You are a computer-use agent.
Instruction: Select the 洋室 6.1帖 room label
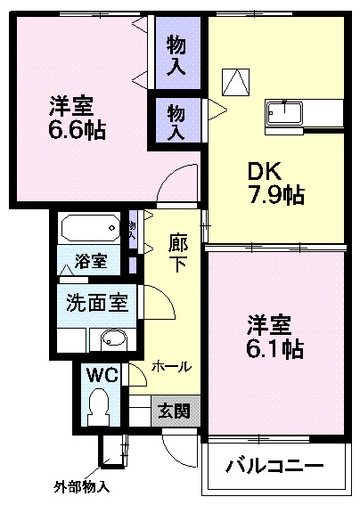[274, 337]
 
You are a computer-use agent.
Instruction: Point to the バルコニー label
[274, 465]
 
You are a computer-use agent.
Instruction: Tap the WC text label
[102, 375]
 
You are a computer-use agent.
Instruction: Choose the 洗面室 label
[96, 303]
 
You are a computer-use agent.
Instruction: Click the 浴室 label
[91, 262]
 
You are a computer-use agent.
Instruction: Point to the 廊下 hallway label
[179, 253]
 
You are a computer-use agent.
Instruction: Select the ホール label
[169, 365]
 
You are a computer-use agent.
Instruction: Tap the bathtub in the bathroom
[89, 229]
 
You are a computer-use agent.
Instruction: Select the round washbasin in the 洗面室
[113, 338]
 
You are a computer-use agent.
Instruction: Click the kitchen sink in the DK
[284, 114]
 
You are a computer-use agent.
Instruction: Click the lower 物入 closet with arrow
[176, 119]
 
